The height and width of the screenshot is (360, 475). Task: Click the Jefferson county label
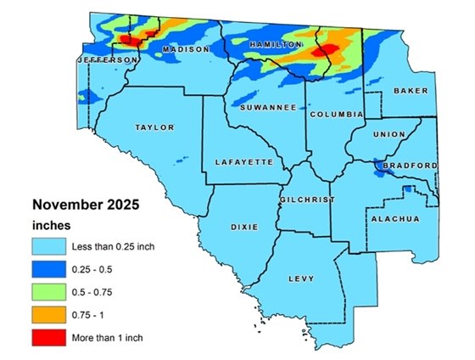pyautogui.click(x=107, y=61)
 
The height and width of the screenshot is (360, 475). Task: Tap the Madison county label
pyautogui.click(x=185, y=50)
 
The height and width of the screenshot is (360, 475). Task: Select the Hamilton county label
pyautogui.click(x=276, y=43)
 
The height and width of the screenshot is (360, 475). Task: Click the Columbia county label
pyautogui.click(x=336, y=114)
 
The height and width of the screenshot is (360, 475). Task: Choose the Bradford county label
pyautogui.click(x=411, y=165)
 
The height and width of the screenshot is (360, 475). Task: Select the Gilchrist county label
pyautogui.click(x=307, y=200)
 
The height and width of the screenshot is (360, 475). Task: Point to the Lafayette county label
pyautogui.click(x=243, y=161)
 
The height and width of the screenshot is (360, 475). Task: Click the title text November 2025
pyautogui.click(x=85, y=205)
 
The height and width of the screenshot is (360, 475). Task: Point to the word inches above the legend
pyautogui.click(x=51, y=226)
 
